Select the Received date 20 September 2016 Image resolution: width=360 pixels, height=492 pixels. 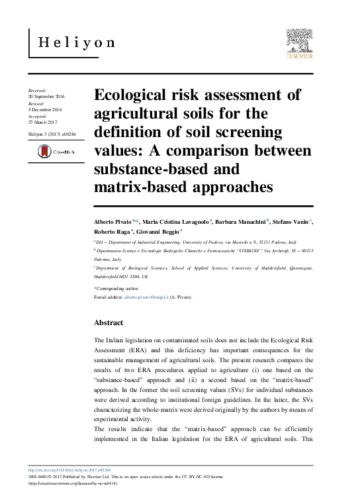coord(46,97)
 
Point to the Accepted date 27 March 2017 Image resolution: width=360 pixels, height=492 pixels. coord(44,123)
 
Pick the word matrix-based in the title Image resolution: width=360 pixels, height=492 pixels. coord(136,187)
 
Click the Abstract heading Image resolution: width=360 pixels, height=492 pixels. coord(109,322)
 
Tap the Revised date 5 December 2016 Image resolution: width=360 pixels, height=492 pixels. coord(45,110)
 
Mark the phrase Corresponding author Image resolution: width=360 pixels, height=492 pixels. coord(118,289)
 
